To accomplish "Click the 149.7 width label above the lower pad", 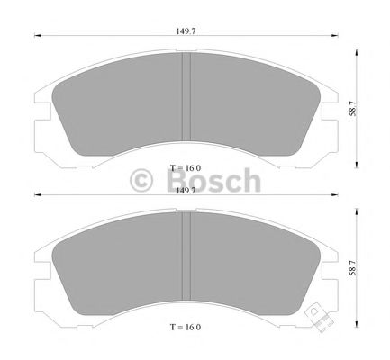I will (186, 191).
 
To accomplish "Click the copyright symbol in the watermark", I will (143, 181).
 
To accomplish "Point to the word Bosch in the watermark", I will (213, 181).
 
